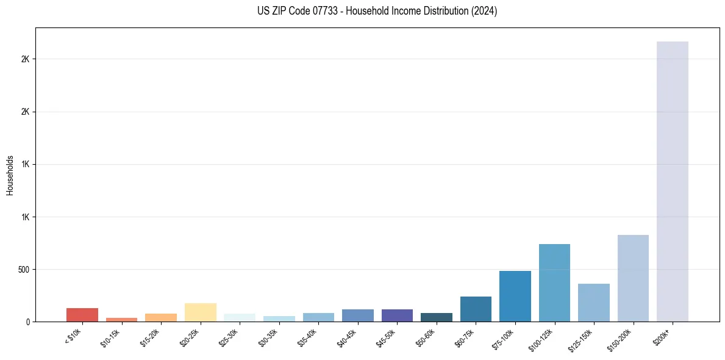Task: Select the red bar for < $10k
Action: click(x=82, y=315)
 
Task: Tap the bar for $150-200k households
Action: click(x=633, y=278)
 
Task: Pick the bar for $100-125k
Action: click(x=554, y=283)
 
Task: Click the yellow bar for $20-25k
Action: click(x=200, y=312)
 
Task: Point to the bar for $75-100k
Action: click(x=515, y=296)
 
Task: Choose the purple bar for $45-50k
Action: click(x=397, y=315)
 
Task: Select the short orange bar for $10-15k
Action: click(x=121, y=319)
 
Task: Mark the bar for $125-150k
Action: click(x=593, y=303)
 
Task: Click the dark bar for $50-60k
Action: click(x=436, y=317)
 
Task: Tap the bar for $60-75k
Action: click(x=476, y=309)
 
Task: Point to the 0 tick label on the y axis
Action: click(x=27, y=322)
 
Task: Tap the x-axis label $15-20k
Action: click(x=151, y=337)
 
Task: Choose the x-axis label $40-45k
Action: click(x=348, y=337)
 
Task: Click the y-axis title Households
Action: click(x=10, y=175)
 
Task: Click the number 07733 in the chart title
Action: click(x=316, y=11)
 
